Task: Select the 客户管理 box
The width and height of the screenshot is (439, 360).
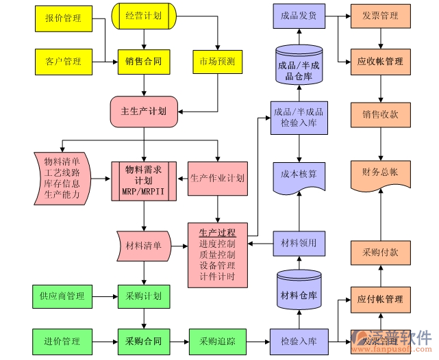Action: coord(62,62)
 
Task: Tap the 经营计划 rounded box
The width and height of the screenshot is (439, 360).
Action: coord(143,16)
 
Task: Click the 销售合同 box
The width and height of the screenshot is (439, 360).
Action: coord(143,62)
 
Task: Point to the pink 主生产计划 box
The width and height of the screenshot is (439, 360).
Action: coord(144,111)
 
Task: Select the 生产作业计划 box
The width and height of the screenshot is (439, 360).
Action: coord(217,179)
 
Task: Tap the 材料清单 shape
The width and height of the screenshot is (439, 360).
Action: coord(143,246)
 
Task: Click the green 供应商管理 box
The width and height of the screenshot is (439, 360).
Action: coord(62,296)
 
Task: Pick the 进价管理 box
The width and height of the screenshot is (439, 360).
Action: coord(62,340)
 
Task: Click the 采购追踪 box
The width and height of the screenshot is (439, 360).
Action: coord(217,340)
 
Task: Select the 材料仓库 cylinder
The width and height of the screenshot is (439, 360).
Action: coord(299,295)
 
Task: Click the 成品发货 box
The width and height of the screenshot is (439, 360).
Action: coord(299,16)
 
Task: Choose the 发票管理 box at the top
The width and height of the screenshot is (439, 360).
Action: coord(380,16)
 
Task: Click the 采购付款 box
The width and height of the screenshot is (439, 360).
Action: coord(380,252)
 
